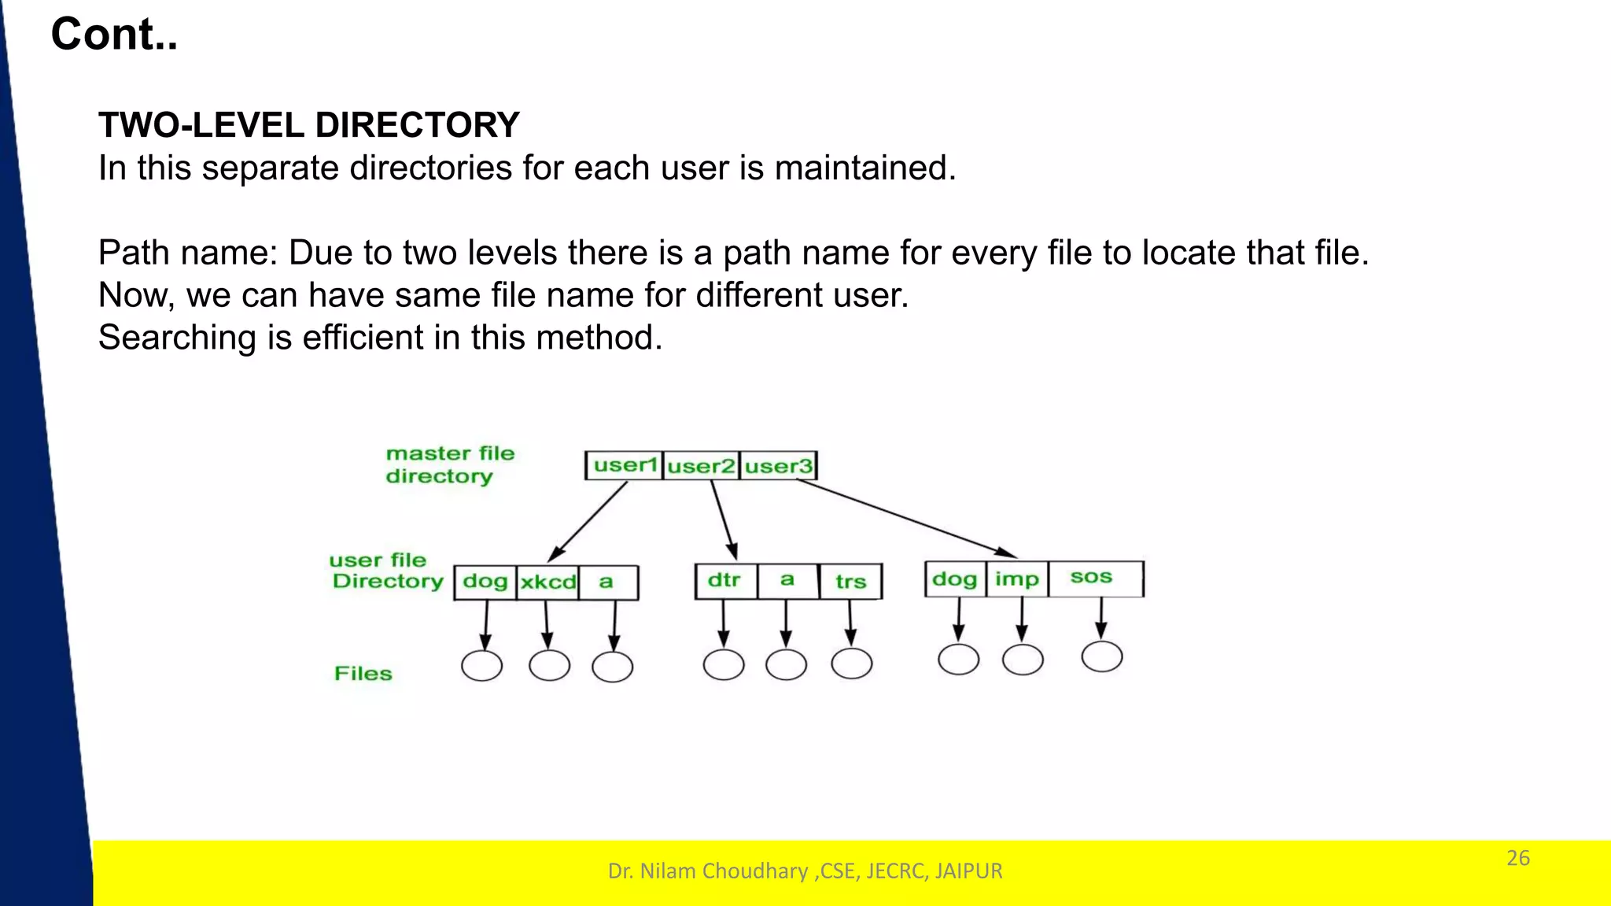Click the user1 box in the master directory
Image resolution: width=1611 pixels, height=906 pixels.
pyautogui.click(x=625, y=465)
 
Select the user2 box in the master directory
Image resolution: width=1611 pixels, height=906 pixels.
pyautogui.click(x=701, y=466)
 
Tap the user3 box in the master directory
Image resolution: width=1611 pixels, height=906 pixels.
pyautogui.click(x=778, y=466)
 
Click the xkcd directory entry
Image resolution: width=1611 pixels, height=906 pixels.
pyautogui.click(x=547, y=582)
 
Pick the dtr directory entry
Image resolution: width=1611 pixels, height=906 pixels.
pyautogui.click(x=724, y=581)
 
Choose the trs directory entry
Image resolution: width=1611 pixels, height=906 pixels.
pyautogui.click(x=850, y=582)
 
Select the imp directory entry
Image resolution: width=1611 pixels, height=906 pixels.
pyautogui.click(x=1016, y=579)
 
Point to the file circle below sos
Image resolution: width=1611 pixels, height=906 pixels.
pyautogui.click(x=1101, y=656)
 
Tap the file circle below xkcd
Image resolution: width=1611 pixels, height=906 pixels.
pyautogui.click(x=549, y=666)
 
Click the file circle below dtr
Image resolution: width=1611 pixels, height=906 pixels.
pyautogui.click(x=724, y=664)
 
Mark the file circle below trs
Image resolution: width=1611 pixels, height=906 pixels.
pyautogui.click(x=851, y=664)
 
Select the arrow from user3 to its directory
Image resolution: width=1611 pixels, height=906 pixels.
pyautogui.click(x=905, y=519)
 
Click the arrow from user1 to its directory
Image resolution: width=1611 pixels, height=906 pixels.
pyautogui.click(x=588, y=520)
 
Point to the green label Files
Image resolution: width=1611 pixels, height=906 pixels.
pyautogui.click(x=363, y=674)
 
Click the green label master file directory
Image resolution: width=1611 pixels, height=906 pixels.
pyautogui.click(x=449, y=464)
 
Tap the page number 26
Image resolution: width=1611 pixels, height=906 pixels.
pyautogui.click(x=1517, y=858)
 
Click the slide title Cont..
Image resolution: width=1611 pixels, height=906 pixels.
pyautogui.click(x=114, y=35)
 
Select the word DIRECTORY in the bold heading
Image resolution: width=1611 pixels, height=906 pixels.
pyautogui.click(x=417, y=125)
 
